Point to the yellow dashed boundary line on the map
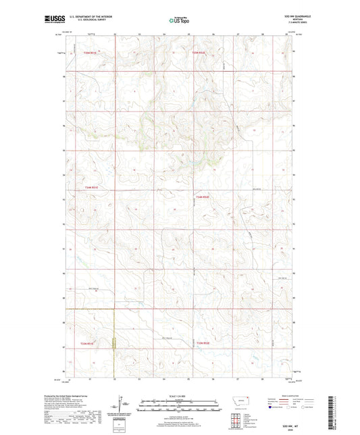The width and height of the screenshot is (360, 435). coord(114,338)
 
